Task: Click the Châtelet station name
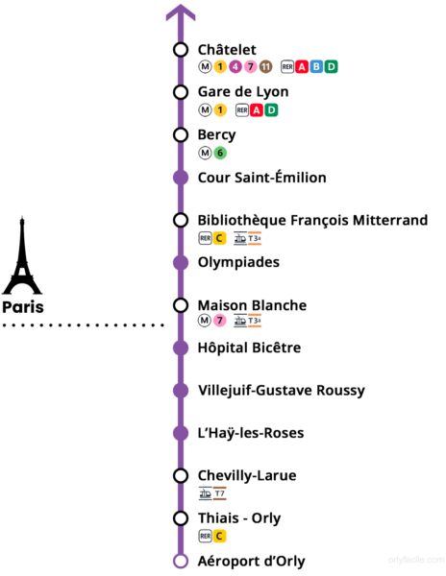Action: (227, 50)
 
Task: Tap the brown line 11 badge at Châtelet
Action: (265, 67)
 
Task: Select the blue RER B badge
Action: (316, 67)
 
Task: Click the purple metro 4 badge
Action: (235, 67)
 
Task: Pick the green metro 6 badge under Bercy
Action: (220, 153)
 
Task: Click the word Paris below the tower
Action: (23, 307)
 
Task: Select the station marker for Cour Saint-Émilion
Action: (181, 178)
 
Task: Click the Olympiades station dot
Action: (181, 263)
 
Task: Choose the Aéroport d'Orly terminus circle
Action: (181, 562)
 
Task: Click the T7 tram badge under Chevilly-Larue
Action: (220, 493)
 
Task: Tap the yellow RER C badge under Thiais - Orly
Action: (219, 536)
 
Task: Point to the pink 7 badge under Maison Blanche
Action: (220, 321)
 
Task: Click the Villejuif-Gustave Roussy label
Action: (282, 391)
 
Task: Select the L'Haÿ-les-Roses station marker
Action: (181, 433)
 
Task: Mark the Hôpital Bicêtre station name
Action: (249, 348)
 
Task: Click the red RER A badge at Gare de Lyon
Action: (257, 109)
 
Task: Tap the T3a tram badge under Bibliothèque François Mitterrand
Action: (255, 238)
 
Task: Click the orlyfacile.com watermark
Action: (416, 560)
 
